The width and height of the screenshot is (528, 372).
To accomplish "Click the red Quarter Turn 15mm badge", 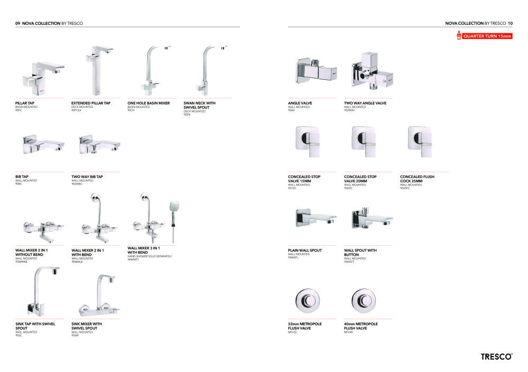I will point(484,36).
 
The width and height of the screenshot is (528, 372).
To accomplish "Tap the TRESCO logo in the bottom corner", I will point(496,357).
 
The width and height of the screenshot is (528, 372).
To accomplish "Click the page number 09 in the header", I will point(17,23).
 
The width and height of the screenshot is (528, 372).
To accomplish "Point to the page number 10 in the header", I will point(510,23).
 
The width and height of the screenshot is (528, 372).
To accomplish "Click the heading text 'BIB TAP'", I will point(22,176).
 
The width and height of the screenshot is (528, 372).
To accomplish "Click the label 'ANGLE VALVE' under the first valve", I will point(300,103).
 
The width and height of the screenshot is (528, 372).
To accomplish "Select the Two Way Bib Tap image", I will point(96,144).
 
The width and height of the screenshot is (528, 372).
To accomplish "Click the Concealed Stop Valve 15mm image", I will point(309,141).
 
